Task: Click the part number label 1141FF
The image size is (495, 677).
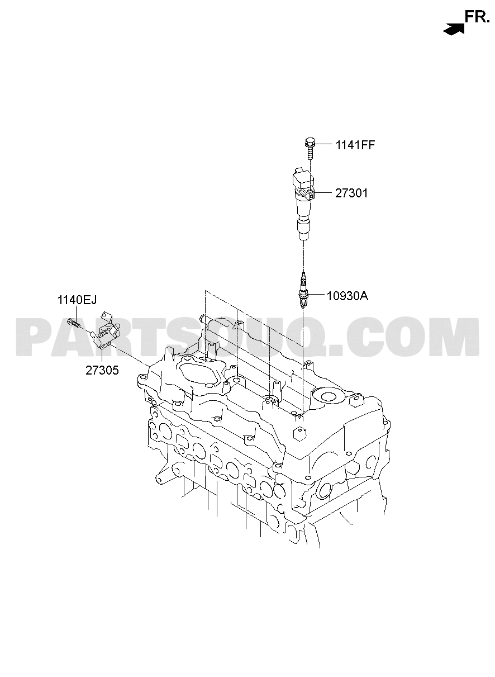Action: click(355, 145)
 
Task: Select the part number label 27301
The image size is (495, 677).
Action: click(351, 193)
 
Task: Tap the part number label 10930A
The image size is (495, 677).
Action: click(348, 296)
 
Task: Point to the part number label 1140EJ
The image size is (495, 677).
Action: click(77, 300)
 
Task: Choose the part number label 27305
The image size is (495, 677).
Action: click(102, 370)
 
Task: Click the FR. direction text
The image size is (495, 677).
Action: click(477, 17)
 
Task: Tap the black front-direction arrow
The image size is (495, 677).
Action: click(454, 29)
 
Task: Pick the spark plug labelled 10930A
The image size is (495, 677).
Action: click(303, 291)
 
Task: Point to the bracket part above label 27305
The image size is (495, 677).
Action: click(105, 330)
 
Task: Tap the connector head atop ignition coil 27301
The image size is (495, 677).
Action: click(303, 177)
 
